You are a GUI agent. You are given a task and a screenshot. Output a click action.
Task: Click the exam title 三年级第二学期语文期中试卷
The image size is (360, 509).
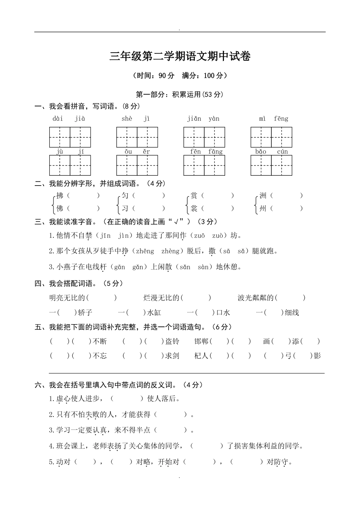(x=180, y=56)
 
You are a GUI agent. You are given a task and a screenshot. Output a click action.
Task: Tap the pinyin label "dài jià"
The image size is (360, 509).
(x=69, y=119)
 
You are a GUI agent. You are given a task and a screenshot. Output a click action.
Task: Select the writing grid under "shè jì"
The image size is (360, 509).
(x=137, y=137)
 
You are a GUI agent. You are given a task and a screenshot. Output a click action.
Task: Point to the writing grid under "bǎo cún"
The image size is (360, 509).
(x=271, y=166)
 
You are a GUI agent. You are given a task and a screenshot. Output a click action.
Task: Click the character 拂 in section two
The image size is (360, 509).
(x=60, y=196)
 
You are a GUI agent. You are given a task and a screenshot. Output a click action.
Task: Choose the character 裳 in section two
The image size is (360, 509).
(x=194, y=208)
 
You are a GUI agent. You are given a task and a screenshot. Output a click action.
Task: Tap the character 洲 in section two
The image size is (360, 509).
(x=263, y=196)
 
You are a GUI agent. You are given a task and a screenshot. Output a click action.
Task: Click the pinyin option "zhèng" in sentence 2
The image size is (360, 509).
(x=170, y=251)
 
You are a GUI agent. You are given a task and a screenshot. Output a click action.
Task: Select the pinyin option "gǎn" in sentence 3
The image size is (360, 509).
(x=138, y=267)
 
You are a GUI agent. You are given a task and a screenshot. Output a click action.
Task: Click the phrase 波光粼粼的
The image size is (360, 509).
(x=256, y=298)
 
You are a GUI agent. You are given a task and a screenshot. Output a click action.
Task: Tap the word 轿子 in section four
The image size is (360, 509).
(x=85, y=313)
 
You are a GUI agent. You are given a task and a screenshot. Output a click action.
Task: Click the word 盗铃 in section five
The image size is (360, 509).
(x=172, y=342)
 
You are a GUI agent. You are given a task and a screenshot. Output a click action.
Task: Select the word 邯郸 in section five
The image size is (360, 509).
(x=201, y=342)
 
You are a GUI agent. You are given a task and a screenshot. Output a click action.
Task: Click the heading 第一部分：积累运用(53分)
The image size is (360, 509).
(x=179, y=95)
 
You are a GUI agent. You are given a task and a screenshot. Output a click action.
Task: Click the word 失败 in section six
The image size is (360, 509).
(x=92, y=415)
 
